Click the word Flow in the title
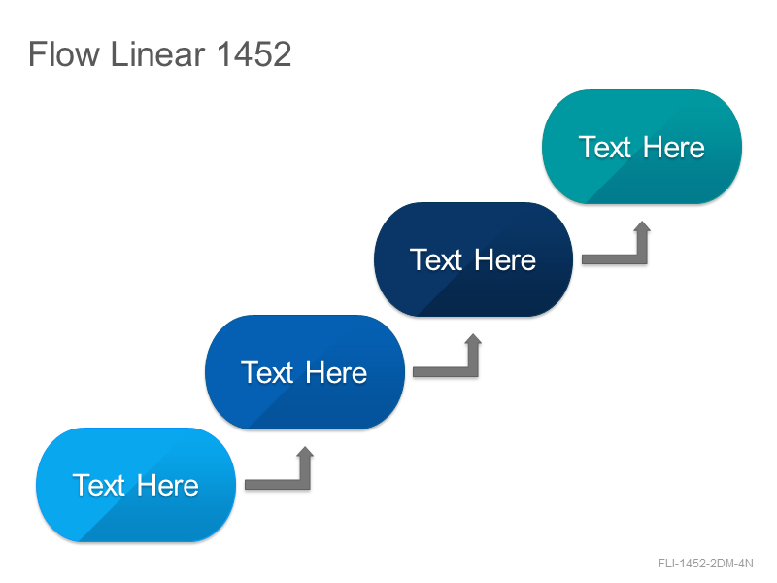coord(64,54)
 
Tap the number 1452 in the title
coord(254,54)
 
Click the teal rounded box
coord(642,147)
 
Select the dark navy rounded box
coord(473,259)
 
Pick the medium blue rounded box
coord(305,372)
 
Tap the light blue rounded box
coord(136,485)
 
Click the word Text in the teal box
coord(605,148)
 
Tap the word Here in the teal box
coord(674,148)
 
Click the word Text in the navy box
coord(436,259)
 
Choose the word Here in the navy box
coord(505,259)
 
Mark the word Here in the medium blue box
coord(336,372)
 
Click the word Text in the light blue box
coord(99,485)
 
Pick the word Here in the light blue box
coord(167,485)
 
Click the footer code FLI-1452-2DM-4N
coord(706,564)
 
